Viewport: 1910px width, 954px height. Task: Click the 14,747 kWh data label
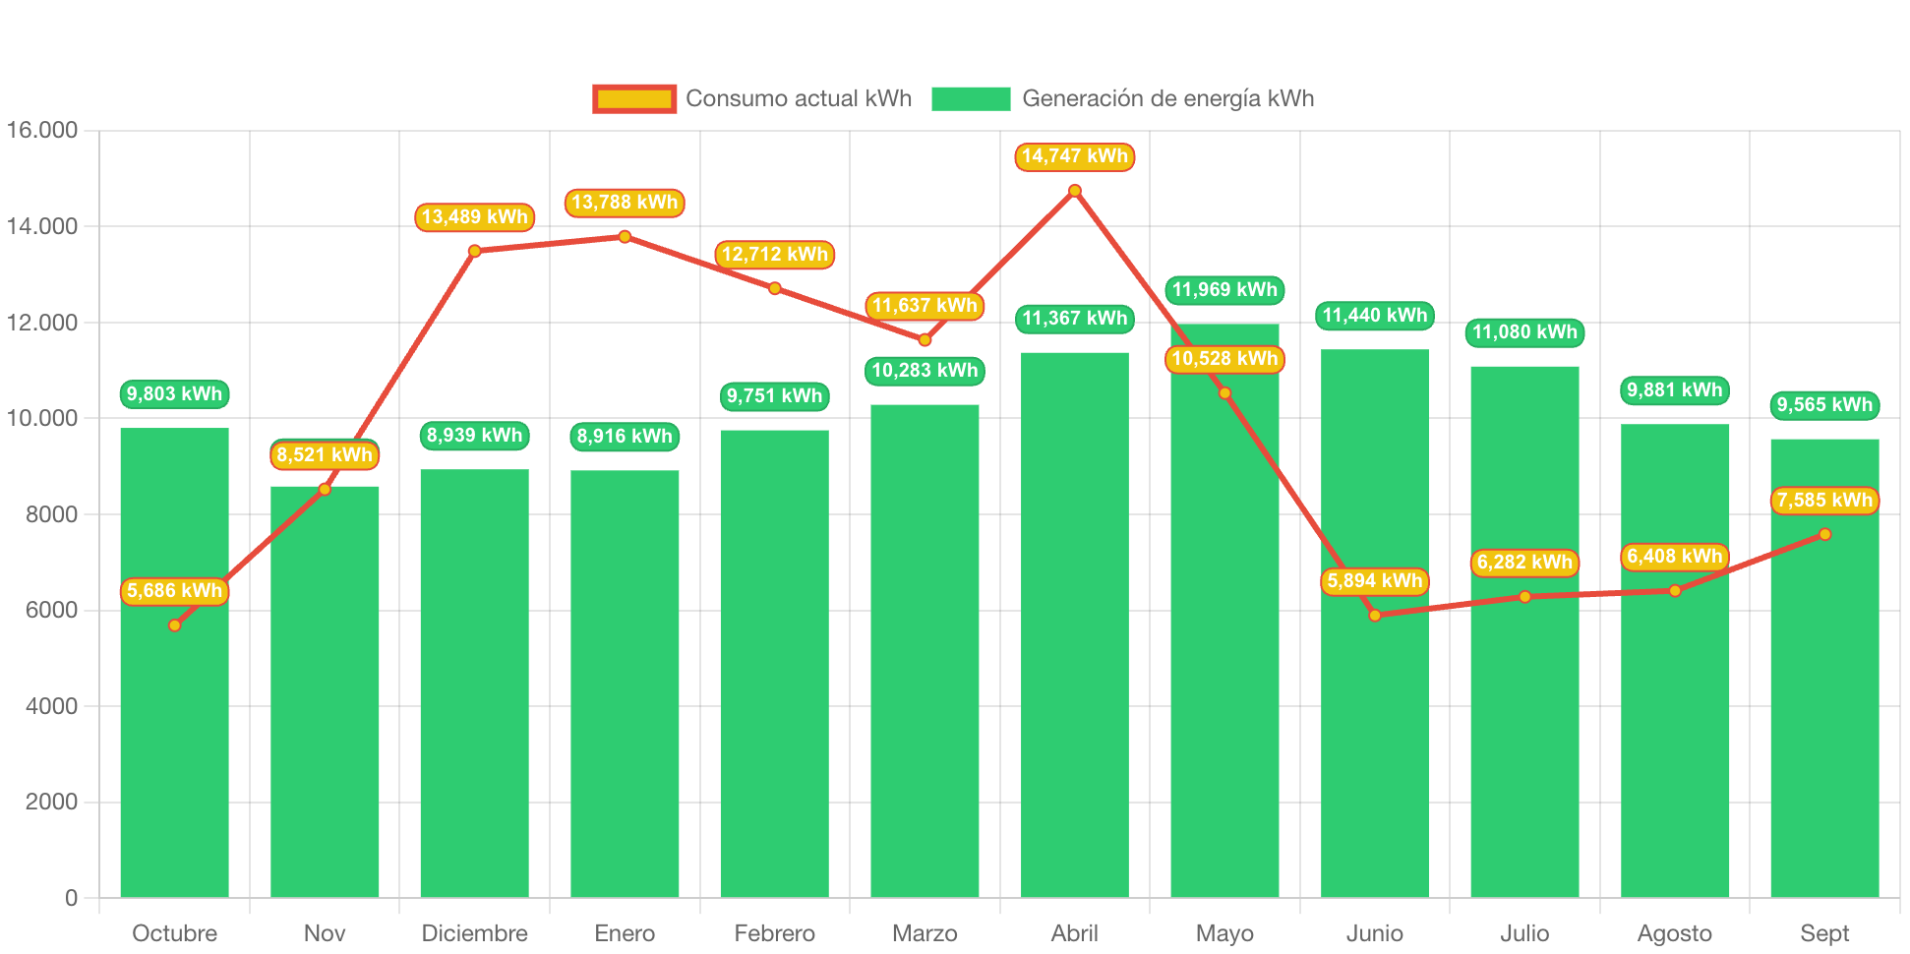[1074, 156]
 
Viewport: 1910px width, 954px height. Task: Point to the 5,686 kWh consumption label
[174, 591]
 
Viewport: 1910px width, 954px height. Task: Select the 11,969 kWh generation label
[1224, 290]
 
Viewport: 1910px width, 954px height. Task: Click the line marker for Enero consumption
[625, 237]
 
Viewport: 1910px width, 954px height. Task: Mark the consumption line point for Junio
[1375, 616]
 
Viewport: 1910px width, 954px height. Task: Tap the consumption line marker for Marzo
[925, 340]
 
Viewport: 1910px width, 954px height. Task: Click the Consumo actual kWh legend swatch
[634, 98]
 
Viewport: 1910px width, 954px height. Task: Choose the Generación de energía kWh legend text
[1167, 98]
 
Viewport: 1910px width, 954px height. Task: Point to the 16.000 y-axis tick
[42, 130]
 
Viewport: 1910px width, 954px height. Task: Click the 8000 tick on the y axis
[51, 514]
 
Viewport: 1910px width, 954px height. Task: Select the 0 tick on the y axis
[71, 898]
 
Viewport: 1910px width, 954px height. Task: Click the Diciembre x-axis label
[474, 933]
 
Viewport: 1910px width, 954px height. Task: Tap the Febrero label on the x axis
[774, 933]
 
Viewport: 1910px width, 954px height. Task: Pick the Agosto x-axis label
[1674, 933]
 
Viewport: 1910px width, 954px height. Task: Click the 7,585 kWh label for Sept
[1824, 501]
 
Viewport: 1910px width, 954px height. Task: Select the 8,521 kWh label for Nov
[325, 455]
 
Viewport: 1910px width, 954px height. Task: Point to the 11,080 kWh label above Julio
[1524, 332]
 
